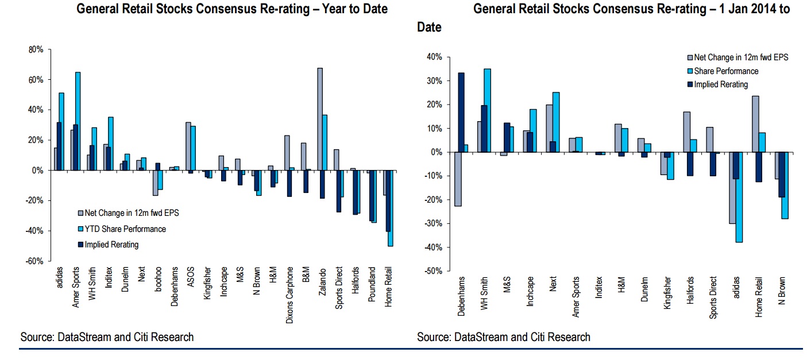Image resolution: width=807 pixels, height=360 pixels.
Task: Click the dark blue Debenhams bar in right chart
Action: (461, 113)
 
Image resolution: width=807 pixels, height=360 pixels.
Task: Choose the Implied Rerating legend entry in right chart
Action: (721, 84)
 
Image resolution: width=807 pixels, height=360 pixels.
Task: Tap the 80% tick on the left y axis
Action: (36, 50)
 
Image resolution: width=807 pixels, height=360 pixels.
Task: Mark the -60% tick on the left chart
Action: (34, 261)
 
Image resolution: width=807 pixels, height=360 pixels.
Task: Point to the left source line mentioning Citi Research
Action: (107, 337)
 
